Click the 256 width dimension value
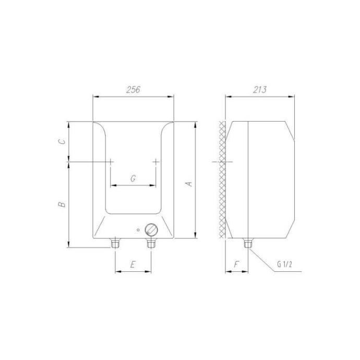coord(133,90)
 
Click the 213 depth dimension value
coord(260,90)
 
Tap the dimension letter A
coord(189,184)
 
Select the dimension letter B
coord(62,204)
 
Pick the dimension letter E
coord(133,265)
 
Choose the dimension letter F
coord(236,265)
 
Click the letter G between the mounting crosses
coord(133,178)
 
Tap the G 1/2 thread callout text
coord(284,264)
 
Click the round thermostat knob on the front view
coord(151,229)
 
